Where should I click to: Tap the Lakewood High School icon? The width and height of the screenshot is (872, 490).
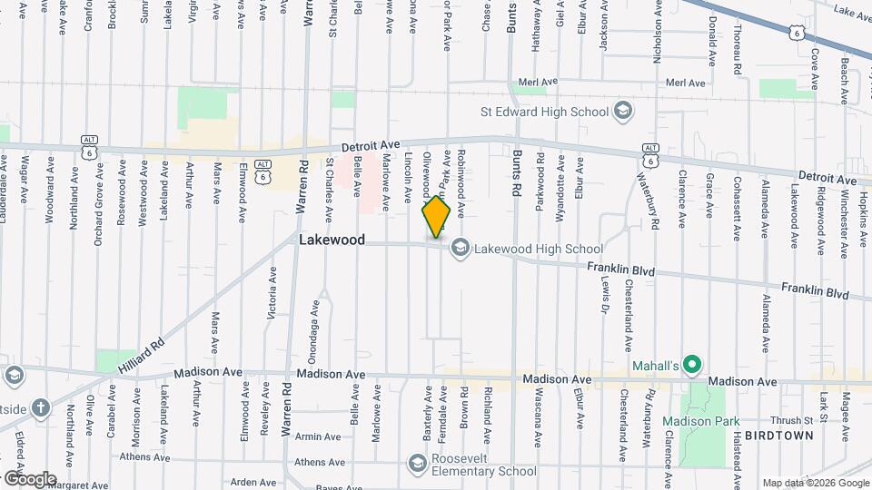pyautogui.click(x=461, y=248)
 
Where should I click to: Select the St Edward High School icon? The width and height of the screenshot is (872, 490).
pyautogui.click(x=623, y=112)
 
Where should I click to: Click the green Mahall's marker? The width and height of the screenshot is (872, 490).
pyautogui.click(x=691, y=366)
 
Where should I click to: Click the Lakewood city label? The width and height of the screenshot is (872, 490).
pyautogui.click(x=332, y=240)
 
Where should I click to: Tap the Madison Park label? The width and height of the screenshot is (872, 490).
pyautogui.click(x=700, y=421)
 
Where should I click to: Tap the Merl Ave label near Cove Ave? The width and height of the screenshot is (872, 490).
pyautogui.click(x=686, y=83)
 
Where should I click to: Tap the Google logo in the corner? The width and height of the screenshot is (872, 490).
pyautogui.click(x=30, y=479)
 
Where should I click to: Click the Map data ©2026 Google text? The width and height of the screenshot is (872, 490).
pyautogui.click(x=815, y=483)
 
